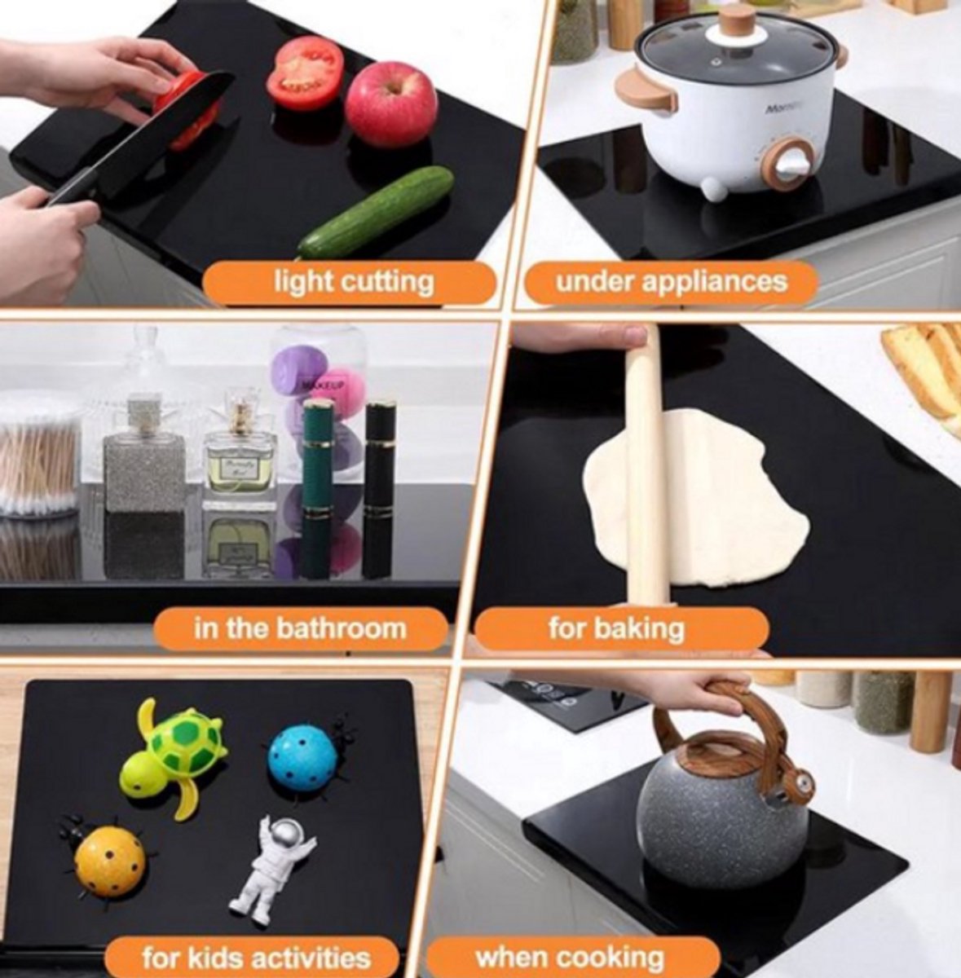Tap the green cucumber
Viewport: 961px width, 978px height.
pyautogui.click(x=375, y=212)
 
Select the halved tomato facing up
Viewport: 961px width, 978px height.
pyautogui.click(x=303, y=72)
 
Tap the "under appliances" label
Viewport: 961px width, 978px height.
pyautogui.click(x=671, y=281)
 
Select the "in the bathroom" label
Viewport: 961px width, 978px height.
pyautogui.click(x=301, y=628)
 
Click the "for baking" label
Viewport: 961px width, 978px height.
pyautogui.click(x=615, y=629)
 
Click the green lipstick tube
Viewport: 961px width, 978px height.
pyautogui.click(x=318, y=487)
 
